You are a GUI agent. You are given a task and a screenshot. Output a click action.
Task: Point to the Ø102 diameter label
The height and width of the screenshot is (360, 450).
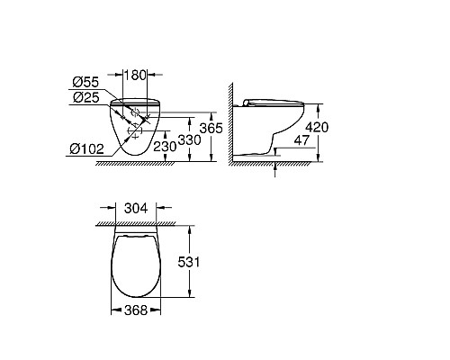click(x=84, y=149)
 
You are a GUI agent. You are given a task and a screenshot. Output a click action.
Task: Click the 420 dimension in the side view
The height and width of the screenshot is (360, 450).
click(x=317, y=127)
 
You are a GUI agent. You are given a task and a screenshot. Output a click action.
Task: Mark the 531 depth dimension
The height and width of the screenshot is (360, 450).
click(x=206, y=261)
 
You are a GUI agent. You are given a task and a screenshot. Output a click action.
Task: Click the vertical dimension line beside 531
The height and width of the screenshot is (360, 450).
click(x=191, y=261)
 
